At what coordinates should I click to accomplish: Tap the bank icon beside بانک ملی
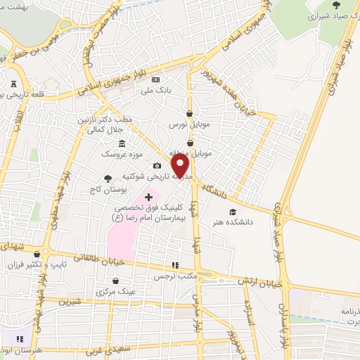point(155,79)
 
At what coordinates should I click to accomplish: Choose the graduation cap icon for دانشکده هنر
point(233,212)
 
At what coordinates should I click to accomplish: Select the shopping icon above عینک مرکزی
point(115,280)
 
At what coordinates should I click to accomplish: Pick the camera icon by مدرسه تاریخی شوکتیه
point(157,166)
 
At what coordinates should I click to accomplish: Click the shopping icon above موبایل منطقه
point(190,143)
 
